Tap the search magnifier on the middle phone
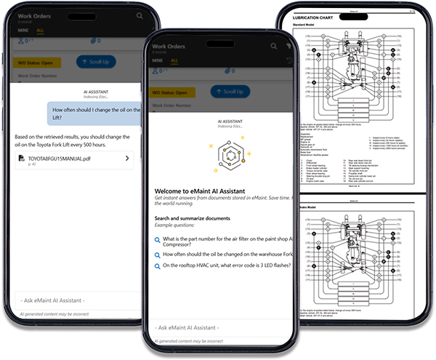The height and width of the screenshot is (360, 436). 274,45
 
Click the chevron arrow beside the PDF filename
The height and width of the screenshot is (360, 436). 128,159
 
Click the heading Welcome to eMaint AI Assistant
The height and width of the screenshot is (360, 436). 211,191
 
